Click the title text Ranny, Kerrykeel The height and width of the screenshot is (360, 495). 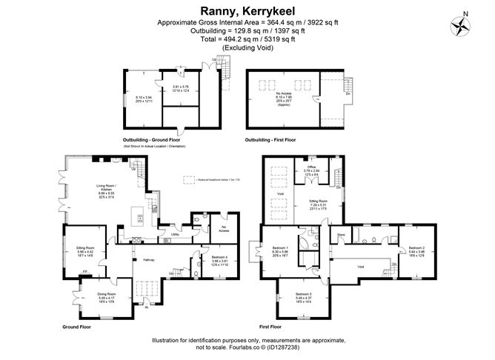coord(246,10)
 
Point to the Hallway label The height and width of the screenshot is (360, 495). coord(138,260)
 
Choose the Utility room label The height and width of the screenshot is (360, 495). coord(176,234)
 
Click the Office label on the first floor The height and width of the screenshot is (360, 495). coord(311,167)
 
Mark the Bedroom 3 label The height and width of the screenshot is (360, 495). coord(305,294)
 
